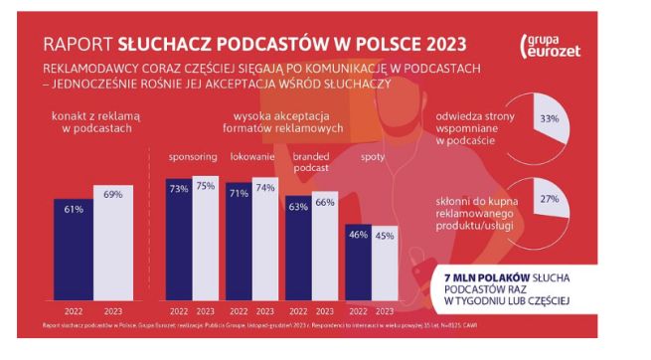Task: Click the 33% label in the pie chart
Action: point(546,118)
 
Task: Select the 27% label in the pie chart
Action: point(546,198)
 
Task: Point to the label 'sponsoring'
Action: point(191,158)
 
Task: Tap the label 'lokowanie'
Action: point(251,158)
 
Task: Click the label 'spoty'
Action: point(372,158)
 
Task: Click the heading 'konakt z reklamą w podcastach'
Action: point(92,123)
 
